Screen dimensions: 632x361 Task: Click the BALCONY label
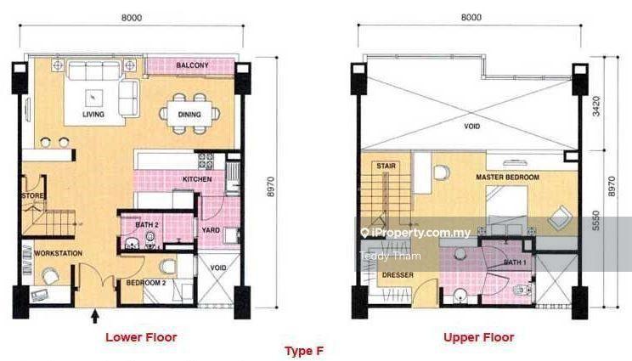192,65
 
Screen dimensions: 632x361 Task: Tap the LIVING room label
93,115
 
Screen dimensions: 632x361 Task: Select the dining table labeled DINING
189,114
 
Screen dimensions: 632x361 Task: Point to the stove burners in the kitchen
206,161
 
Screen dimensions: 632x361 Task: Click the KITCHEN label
197,179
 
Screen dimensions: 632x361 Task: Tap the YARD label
211,230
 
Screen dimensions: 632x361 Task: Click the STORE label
32,196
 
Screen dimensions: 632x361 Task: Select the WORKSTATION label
58,253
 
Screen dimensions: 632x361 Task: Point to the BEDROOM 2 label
146,283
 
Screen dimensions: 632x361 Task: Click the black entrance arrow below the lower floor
95,316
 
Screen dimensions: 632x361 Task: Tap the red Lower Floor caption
141,337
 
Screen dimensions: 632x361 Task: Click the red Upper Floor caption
479,337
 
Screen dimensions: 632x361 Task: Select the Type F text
304,351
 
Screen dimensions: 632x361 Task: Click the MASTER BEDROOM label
507,177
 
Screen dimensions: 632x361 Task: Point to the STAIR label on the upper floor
387,166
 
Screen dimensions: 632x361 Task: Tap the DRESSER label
398,274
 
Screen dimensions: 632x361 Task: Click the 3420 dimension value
596,106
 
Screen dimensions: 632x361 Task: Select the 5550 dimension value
596,221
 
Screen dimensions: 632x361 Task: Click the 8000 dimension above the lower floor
132,18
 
